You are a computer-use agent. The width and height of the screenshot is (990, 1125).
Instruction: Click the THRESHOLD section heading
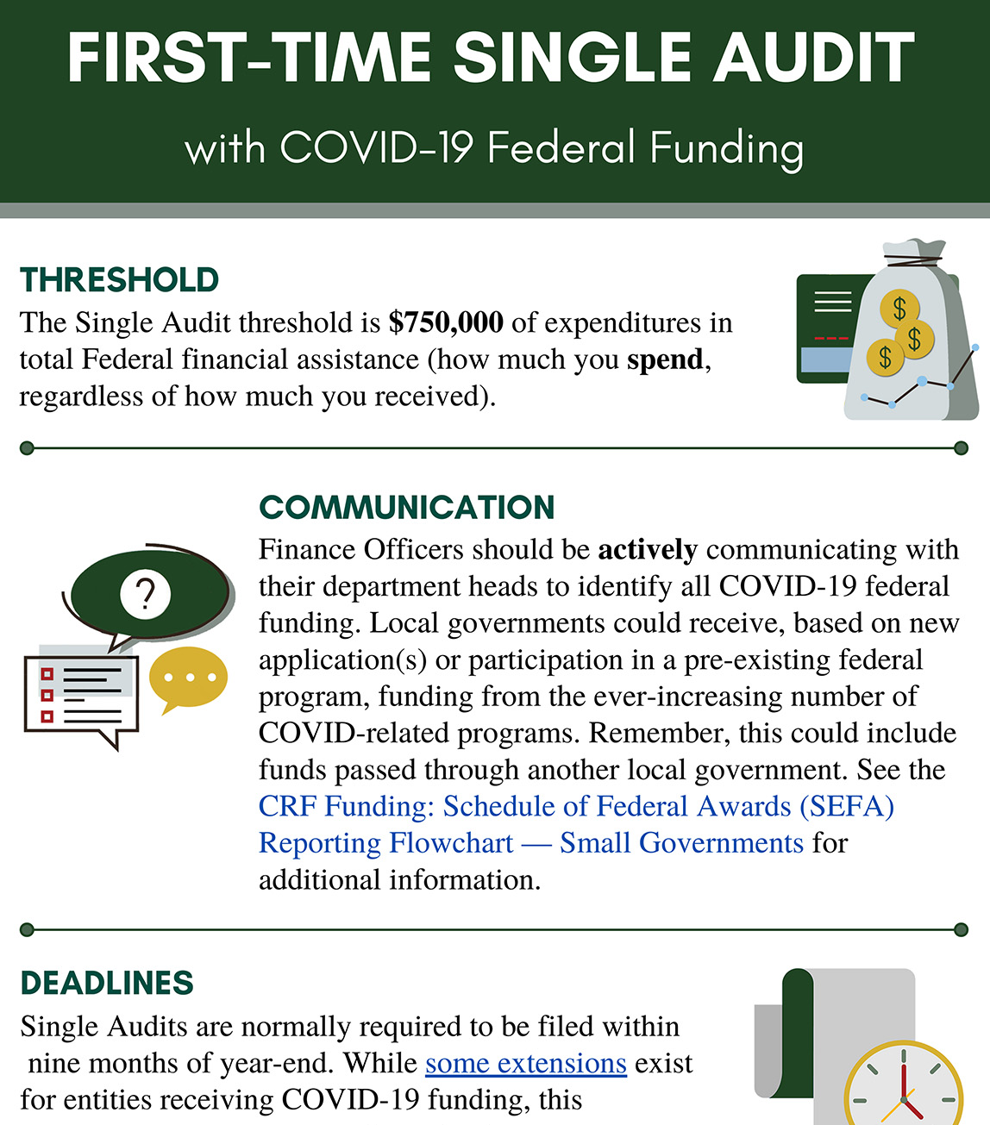pos(119,280)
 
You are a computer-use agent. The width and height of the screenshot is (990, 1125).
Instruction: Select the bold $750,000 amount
pos(446,322)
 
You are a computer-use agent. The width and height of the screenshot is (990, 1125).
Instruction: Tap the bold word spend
pos(665,359)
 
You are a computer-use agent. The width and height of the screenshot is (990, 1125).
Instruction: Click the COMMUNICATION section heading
pos(406,507)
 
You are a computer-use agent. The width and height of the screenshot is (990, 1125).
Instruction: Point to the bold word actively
pos(647,550)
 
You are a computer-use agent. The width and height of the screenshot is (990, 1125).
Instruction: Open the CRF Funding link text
pos(575,807)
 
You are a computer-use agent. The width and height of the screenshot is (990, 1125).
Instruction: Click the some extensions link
pos(525,1064)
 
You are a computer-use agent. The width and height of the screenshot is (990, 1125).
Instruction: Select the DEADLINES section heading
pos(107,983)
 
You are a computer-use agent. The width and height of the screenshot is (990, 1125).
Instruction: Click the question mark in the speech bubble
pos(146,594)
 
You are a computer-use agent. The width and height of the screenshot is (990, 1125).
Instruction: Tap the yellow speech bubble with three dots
pos(188,678)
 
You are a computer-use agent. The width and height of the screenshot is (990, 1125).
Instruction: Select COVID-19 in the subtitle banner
pos(377,147)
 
